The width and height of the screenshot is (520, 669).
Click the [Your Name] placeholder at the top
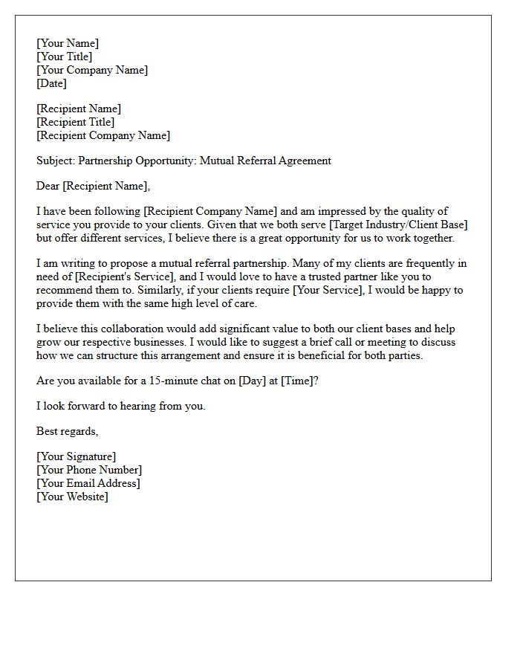coord(68,43)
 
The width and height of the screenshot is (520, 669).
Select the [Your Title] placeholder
coord(65,56)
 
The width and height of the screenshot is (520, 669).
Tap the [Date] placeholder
coord(52,83)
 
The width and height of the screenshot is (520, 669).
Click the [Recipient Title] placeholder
coord(76,122)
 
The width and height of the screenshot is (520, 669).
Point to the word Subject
coord(55,161)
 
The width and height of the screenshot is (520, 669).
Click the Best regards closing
coord(67,431)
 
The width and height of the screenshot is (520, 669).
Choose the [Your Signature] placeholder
coord(77,456)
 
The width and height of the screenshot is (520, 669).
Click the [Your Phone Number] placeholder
coord(89,470)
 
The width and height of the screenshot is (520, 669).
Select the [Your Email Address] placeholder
coord(88,483)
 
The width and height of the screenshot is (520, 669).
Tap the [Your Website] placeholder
coord(72,497)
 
